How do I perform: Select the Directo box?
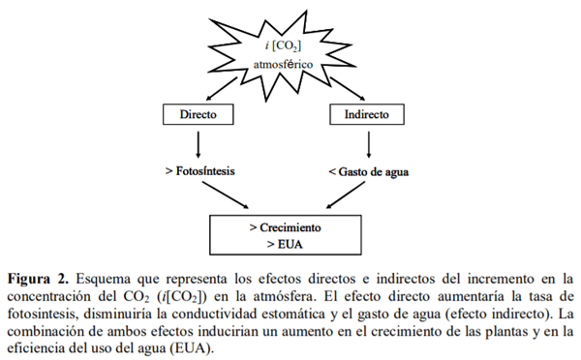pyautogui.click(x=199, y=114)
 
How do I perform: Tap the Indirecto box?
pyautogui.click(x=367, y=114)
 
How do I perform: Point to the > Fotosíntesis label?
pyautogui.click(x=201, y=171)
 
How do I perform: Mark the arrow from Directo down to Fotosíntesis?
pyautogui.click(x=199, y=143)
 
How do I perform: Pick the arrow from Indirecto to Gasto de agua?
pyautogui.click(x=367, y=143)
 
